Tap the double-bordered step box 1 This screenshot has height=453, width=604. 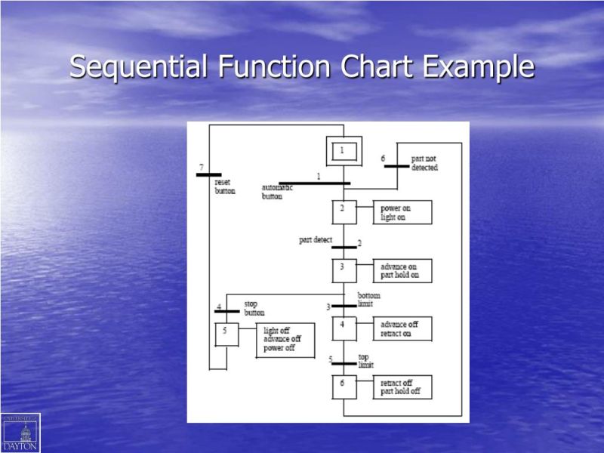point(344,151)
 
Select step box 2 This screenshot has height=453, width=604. point(344,211)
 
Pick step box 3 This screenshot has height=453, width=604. point(344,270)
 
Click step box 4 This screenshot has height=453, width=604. point(344,328)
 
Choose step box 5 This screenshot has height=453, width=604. point(226,334)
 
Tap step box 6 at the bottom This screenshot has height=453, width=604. point(344,387)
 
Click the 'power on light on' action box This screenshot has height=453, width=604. point(402,213)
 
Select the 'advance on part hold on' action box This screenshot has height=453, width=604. point(402,271)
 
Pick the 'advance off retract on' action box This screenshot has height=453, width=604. point(402,329)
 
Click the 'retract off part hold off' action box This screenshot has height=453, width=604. point(402,387)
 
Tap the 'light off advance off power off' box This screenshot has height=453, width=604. point(285,340)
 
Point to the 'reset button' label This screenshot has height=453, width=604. point(225,186)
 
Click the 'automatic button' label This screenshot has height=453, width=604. point(277,192)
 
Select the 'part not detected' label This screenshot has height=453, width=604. point(424,163)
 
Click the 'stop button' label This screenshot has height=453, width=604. point(254,308)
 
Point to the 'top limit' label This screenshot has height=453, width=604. point(365,361)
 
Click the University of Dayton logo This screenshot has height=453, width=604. point(20,433)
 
